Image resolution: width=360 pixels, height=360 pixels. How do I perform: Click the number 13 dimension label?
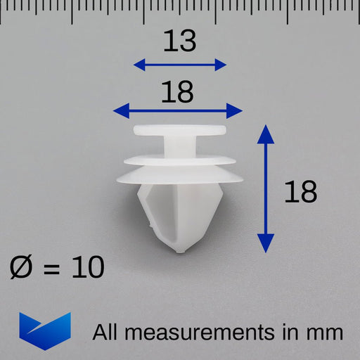[x=179, y=41]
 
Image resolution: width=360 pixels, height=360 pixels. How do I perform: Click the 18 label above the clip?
[x=177, y=91]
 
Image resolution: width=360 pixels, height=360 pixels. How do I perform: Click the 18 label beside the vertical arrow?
[x=300, y=191]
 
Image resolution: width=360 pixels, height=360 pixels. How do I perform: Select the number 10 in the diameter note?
[x=87, y=267]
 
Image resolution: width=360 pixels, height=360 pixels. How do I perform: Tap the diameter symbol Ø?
[x=23, y=267]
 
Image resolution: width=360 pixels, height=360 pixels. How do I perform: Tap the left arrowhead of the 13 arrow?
[x=139, y=65]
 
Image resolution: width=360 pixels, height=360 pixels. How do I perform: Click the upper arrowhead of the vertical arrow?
[x=265, y=131]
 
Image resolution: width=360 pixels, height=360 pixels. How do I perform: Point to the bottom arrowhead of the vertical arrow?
[x=265, y=245]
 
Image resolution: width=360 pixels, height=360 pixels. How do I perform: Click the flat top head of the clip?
[x=179, y=131]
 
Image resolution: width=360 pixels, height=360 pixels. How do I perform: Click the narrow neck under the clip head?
[x=180, y=146]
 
